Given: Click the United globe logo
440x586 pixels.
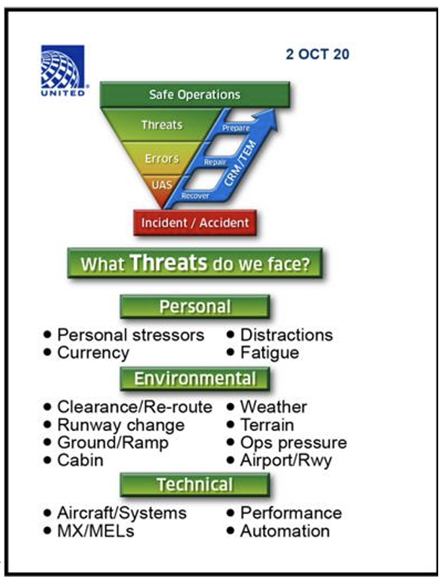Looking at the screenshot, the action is tap(62, 68).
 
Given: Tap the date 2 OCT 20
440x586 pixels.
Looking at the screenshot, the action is tap(317, 54).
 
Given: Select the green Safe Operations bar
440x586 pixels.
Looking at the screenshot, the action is tap(195, 95).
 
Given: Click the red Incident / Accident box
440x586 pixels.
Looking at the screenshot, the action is tap(195, 222).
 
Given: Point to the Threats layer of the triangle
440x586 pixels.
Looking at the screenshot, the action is tap(162, 125).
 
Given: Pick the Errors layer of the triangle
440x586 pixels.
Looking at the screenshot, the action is tap(162, 159).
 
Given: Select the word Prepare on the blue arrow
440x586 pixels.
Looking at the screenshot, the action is tap(236, 128).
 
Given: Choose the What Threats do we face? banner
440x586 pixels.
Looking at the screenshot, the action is tap(195, 264).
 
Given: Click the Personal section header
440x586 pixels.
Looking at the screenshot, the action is tap(195, 307).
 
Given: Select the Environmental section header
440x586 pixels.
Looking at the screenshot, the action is tap(195, 379).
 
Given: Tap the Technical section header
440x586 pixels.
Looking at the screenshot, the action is tap(195, 485).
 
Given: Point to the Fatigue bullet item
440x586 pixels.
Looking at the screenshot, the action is tap(269, 353).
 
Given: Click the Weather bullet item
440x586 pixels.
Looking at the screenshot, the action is tap(273, 407).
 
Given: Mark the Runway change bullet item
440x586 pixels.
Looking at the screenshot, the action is tap(121, 425).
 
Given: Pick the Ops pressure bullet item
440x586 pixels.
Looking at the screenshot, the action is tap(293, 442).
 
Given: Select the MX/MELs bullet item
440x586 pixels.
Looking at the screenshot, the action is tap(95, 531).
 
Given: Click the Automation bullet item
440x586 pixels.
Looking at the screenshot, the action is tap(285, 531).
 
